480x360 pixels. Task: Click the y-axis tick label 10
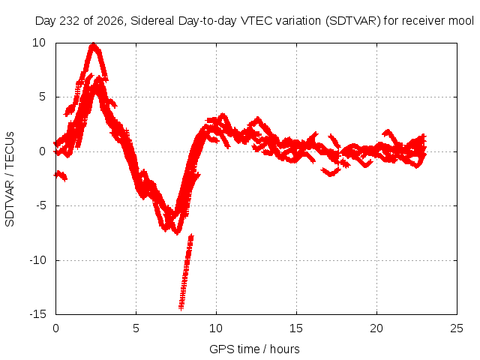coord(39,43)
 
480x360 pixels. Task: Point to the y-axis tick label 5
coord(42,97)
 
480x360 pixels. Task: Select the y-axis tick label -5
coord(40,205)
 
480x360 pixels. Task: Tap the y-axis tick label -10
coord(37,260)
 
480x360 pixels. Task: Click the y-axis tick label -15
coord(37,314)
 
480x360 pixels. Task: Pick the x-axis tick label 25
coord(457,328)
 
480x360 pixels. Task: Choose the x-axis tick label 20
coord(376,328)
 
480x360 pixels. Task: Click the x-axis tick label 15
coord(296,328)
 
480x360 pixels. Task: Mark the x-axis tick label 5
coord(136,328)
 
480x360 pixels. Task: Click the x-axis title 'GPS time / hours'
coord(254,349)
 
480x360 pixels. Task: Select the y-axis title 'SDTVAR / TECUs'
coord(10,179)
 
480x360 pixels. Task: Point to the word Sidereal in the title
coord(152,21)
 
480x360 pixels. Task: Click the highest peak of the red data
coord(93,44)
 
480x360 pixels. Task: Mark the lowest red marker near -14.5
coord(181,308)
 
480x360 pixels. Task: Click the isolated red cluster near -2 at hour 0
coord(61,175)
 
